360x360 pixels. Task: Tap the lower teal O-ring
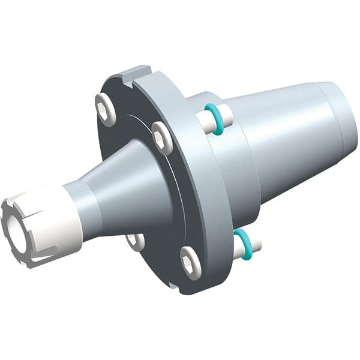coord(242,243)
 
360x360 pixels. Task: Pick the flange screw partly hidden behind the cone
coord(134,241)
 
